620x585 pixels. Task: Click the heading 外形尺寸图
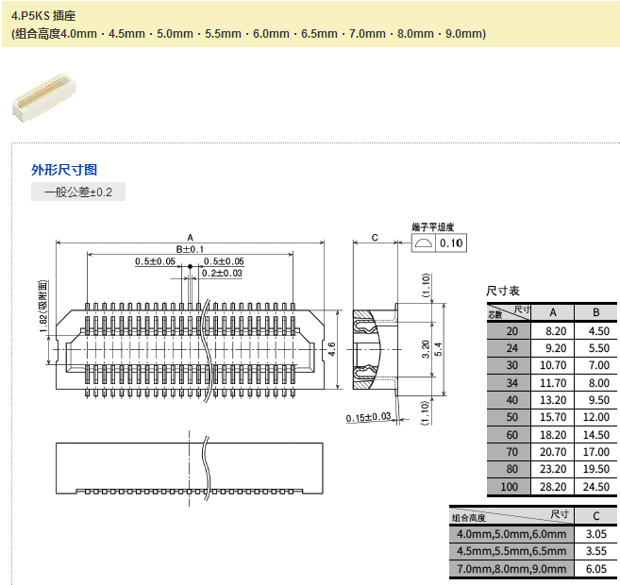(64, 170)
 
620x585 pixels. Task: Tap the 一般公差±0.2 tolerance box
(77, 192)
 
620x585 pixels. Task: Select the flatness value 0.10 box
(452, 242)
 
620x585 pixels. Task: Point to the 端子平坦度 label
(433, 227)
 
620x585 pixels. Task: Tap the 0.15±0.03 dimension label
(368, 417)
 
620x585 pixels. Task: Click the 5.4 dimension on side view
(438, 348)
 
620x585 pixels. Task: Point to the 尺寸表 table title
(502, 292)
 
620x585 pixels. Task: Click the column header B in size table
(595, 312)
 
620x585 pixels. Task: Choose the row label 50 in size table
(511, 417)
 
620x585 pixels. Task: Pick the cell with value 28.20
(554, 487)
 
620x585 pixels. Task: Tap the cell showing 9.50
(595, 400)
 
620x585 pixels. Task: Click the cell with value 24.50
(595, 487)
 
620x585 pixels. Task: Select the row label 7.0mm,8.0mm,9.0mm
(511, 568)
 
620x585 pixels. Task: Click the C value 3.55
(595, 551)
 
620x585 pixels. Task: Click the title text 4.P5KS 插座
(43, 16)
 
